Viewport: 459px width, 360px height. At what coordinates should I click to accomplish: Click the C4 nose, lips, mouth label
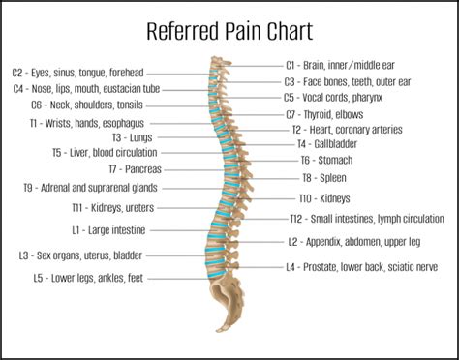tap(85, 88)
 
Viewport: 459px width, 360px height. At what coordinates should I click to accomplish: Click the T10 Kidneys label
tap(325, 197)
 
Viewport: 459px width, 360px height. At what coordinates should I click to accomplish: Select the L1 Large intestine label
tap(108, 230)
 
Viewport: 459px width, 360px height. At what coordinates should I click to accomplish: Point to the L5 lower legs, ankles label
tap(88, 278)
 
